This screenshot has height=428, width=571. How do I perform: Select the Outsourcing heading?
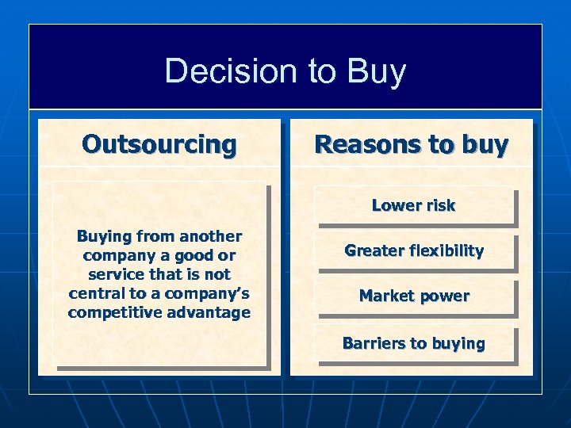pyautogui.click(x=159, y=144)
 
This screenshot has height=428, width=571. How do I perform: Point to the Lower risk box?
pyautogui.click(x=413, y=205)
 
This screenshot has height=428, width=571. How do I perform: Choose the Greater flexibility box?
pyautogui.click(x=413, y=250)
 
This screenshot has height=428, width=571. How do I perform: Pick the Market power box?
pyautogui.click(x=413, y=296)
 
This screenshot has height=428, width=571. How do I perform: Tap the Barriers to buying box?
pyautogui.click(x=413, y=343)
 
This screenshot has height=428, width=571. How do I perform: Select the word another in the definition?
pyautogui.click(x=209, y=236)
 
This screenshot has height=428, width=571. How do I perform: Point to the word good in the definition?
pyautogui.click(x=194, y=255)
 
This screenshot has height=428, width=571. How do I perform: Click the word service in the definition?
pyautogui.click(x=116, y=274)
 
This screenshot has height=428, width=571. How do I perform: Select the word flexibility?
pyautogui.click(x=447, y=250)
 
